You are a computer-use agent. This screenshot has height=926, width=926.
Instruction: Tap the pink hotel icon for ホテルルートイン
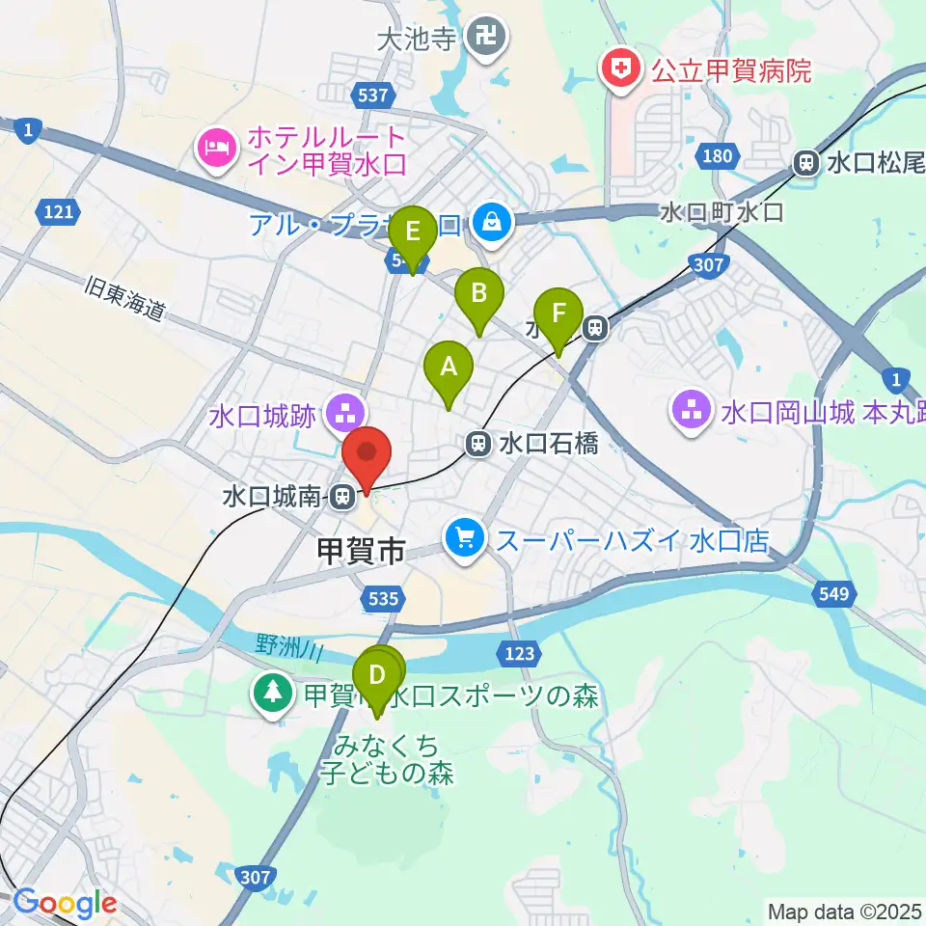click(212, 147)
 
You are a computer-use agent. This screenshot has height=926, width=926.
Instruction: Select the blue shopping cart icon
click(466, 538)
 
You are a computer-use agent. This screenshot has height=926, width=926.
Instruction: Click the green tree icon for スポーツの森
click(273, 693)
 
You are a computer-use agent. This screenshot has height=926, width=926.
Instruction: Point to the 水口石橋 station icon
click(477, 444)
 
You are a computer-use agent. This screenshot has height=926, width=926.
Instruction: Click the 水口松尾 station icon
click(804, 163)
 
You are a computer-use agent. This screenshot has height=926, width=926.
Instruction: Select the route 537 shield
click(372, 95)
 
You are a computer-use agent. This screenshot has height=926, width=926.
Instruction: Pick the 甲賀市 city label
click(360, 552)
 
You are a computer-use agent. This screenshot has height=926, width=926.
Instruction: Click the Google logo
click(64, 904)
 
